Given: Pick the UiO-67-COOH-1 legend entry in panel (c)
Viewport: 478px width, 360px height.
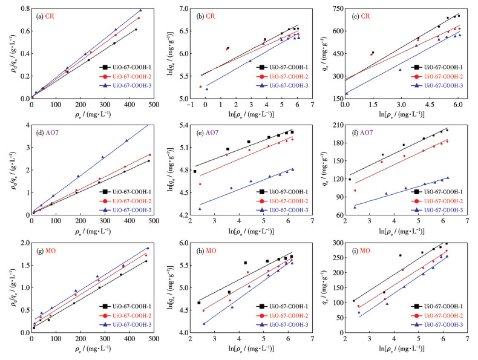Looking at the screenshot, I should click(435, 68).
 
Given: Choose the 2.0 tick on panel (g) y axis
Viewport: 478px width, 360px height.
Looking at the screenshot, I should click(24, 243).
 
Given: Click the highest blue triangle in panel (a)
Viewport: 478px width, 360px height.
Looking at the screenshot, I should click(141, 10).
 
